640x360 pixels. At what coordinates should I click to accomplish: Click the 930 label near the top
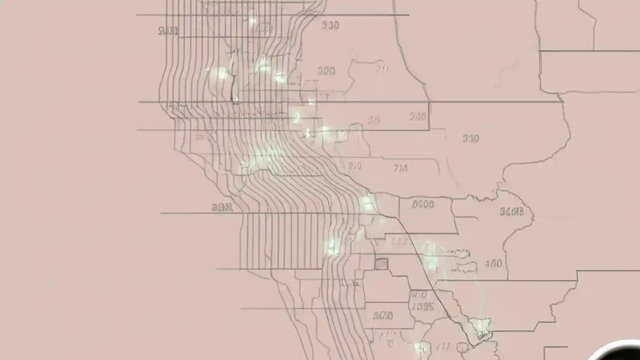click(x=330, y=25)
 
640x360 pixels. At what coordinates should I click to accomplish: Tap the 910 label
click(x=470, y=138)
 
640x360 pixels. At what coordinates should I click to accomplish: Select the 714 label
click(x=400, y=168)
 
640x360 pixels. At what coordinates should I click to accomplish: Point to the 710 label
click(x=354, y=166)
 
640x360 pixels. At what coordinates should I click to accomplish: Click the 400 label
click(x=493, y=263)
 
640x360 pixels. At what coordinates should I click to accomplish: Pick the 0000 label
click(x=423, y=204)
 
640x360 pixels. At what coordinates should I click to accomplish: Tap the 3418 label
click(x=511, y=212)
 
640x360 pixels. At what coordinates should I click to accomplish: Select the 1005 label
click(x=422, y=307)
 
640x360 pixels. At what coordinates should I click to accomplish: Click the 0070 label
click(x=383, y=315)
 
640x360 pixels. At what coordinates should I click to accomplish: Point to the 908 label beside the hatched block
click(x=221, y=207)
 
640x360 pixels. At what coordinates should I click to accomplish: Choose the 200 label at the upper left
click(x=168, y=31)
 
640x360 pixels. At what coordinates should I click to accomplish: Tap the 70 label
click(x=381, y=69)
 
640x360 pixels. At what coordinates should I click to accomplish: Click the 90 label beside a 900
click(x=373, y=120)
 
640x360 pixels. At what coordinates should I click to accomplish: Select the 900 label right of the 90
click(x=417, y=117)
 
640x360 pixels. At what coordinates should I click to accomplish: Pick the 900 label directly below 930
click(x=326, y=71)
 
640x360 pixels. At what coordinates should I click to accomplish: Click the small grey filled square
click(x=381, y=263)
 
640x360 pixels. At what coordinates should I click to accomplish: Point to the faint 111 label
click(x=398, y=241)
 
